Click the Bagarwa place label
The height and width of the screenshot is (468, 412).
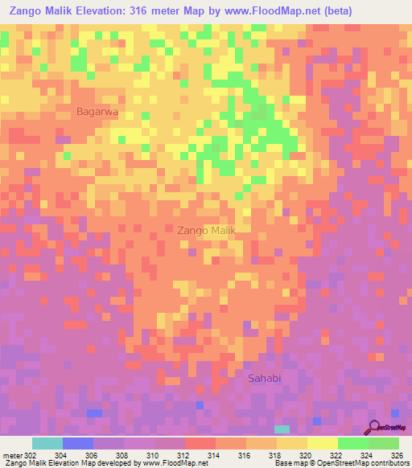(97, 113)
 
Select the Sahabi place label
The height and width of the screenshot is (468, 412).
(265, 378)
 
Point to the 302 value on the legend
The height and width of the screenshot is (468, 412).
(29, 454)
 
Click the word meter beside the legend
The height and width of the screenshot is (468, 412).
(11, 454)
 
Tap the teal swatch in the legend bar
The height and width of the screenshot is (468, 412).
(47, 443)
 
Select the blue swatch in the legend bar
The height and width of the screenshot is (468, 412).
(78, 443)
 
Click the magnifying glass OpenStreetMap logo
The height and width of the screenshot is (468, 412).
(376, 427)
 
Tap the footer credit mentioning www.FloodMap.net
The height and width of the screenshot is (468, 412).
(105, 462)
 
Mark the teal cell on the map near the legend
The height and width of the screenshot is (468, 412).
(282, 429)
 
